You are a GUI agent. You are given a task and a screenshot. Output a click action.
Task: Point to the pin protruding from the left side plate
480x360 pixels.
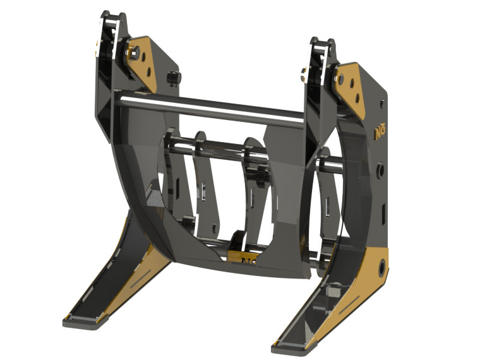click(171, 78)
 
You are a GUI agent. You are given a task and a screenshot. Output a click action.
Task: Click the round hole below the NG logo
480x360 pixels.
click(381, 169)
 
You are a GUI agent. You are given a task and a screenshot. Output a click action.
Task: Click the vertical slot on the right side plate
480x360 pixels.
click(382, 208)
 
